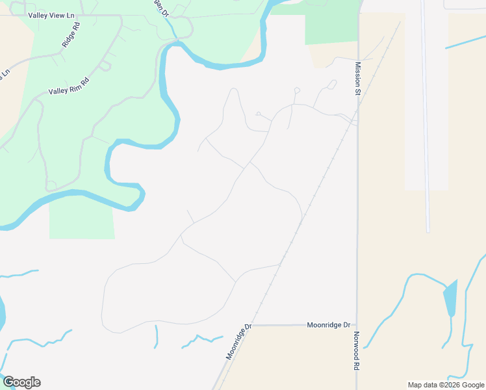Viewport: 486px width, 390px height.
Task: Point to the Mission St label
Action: coord(357,79)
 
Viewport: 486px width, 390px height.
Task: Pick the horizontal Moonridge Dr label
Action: coord(328,324)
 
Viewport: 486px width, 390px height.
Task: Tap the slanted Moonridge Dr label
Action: coord(238,342)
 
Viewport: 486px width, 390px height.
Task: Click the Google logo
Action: coord(21,382)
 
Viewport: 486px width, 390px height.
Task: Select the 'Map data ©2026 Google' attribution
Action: coord(446,385)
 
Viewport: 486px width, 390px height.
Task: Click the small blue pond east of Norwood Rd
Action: coord(450,298)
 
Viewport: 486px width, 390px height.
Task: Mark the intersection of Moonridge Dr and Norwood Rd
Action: coord(357,325)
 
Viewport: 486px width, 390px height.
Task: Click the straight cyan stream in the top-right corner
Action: coord(465,40)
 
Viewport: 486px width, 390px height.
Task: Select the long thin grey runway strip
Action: coord(426,117)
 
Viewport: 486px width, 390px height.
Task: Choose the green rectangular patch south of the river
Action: coord(81,218)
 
